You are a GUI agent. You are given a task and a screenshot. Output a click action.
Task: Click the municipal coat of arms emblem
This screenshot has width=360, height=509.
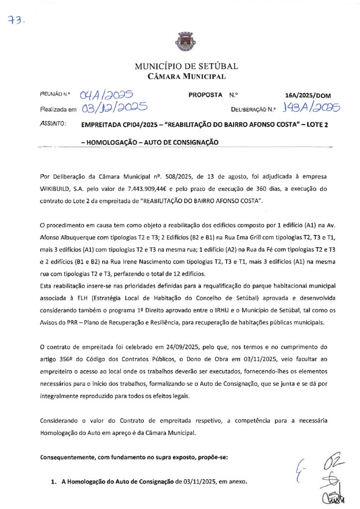180,41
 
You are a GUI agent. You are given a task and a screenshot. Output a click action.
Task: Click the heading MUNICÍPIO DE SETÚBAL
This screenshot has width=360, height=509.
186,66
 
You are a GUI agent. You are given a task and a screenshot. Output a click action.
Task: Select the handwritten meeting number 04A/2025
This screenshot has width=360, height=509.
105,94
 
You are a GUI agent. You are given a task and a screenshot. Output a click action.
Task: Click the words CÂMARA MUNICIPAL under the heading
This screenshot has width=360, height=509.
186,77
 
